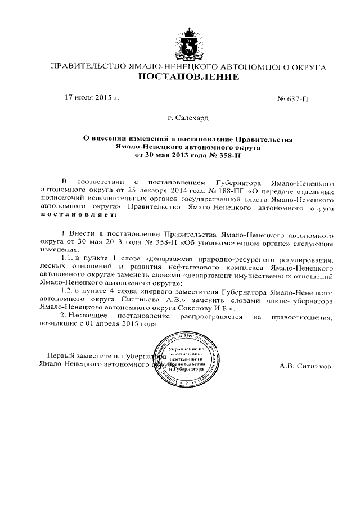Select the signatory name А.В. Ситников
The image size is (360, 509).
(x=305, y=366)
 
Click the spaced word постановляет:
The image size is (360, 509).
(x=79, y=215)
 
